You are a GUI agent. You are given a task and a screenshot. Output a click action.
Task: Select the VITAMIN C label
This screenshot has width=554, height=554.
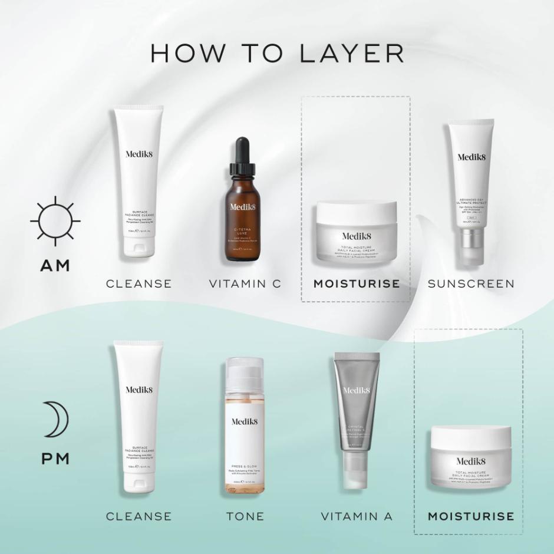[x=245, y=283]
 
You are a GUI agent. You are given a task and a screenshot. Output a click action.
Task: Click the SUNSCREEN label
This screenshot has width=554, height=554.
[x=471, y=283]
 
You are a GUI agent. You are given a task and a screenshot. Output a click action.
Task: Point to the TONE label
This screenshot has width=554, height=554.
[x=245, y=516]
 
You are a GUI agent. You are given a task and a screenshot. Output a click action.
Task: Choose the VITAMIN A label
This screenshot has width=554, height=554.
[x=357, y=516]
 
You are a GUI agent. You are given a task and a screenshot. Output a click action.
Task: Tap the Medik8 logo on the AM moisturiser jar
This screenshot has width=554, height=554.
[x=356, y=236]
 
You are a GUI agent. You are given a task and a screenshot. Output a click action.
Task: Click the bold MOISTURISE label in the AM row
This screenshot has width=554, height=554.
[x=357, y=283]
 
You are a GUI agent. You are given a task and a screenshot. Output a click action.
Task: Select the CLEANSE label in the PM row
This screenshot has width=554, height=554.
[x=139, y=516]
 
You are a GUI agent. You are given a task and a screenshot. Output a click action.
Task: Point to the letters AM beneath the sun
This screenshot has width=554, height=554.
[x=55, y=265]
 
